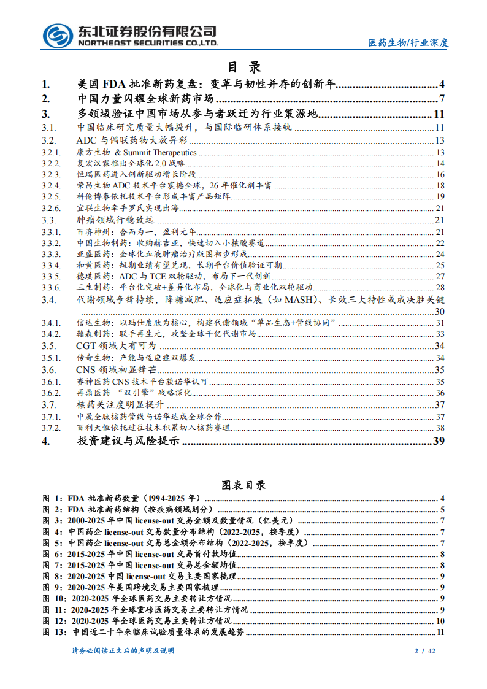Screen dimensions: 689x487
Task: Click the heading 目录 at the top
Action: tap(244, 67)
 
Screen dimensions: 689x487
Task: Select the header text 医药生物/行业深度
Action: tap(408, 42)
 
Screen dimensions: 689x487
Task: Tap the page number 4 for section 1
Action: tap(442, 85)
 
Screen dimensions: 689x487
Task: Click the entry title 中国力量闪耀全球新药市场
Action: tap(145, 99)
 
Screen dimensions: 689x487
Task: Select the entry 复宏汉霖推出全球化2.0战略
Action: tap(131, 163)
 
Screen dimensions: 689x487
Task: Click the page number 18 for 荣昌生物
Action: tap(440, 185)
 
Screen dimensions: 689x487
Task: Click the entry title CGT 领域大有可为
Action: tap(112, 346)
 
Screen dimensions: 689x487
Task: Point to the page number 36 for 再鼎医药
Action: tap(440, 393)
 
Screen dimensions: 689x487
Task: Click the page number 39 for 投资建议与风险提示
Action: tap(439, 441)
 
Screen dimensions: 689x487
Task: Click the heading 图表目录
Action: tap(243, 485)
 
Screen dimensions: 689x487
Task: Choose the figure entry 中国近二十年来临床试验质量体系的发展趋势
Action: tap(159, 633)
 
